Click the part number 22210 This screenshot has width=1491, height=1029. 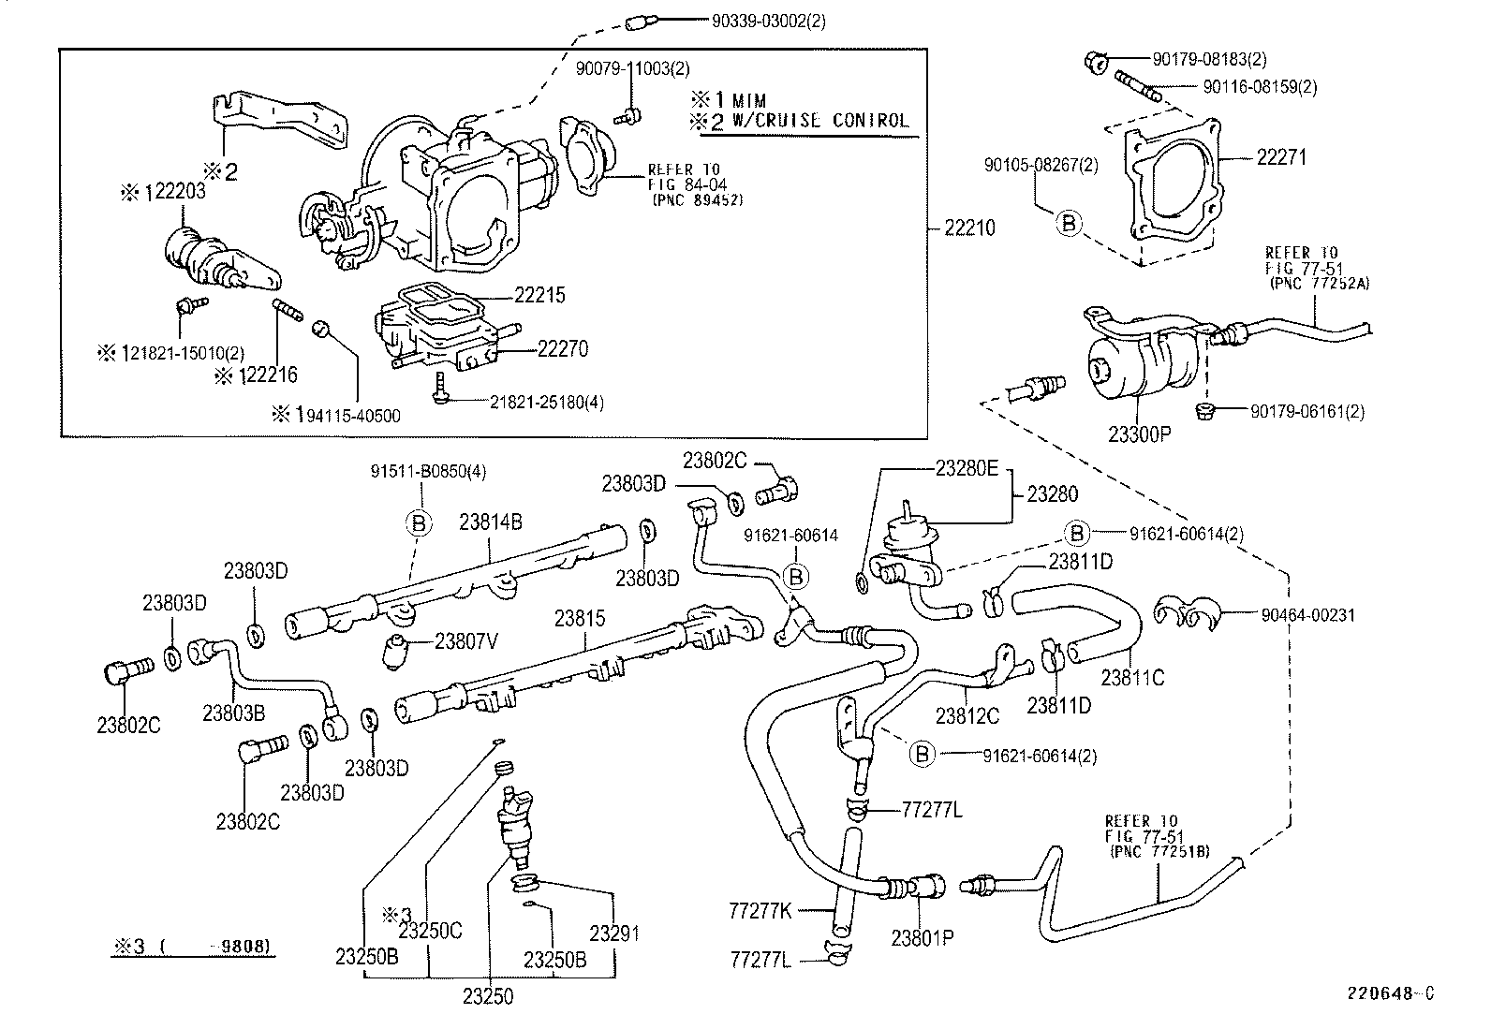pos(970,228)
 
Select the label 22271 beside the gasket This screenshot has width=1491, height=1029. pos(1281,157)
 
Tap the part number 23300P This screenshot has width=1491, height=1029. pos(1140,434)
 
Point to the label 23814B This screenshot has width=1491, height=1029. pos(491,522)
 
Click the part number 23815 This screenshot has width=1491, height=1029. pos(581,618)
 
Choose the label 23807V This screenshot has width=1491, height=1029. pos(466,641)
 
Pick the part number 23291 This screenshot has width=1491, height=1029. pos(614,933)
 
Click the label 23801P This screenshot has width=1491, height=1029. pos(923,938)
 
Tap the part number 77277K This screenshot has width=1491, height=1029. pos(760,910)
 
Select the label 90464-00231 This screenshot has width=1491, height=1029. pos(1308,615)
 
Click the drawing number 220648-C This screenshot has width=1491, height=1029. pos(1391,993)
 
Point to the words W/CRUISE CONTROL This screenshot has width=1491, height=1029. pos(820,121)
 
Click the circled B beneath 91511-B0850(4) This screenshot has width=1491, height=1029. pos(419,523)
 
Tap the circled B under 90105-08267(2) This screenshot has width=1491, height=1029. pos(1069,223)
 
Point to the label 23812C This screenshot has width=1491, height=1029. pos(967,715)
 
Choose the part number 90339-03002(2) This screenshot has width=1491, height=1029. pos(769,22)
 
